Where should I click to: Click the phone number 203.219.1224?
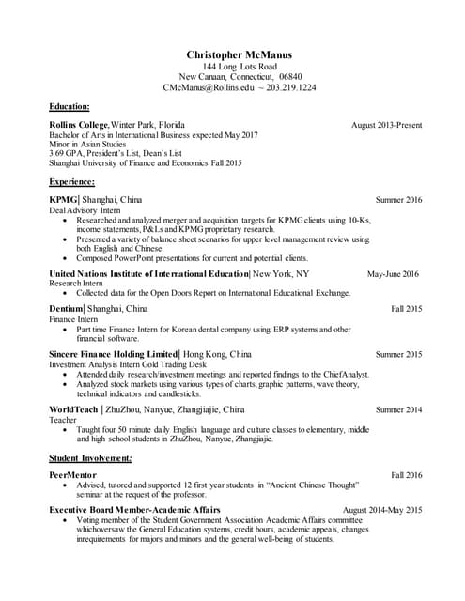(x=289, y=87)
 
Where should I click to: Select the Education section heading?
(x=70, y=106)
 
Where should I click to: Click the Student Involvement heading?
(x=90, y=457)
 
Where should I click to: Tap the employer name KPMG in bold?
(x=64, y=200)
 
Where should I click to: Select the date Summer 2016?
(x=399, y=200)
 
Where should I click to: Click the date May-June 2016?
(x=393, y=274)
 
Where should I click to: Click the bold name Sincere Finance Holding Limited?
(x=113, y=354)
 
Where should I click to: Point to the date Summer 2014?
(x=399, y=409)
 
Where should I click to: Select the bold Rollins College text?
(x=79, y=125)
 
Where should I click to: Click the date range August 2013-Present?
(x=386, y=125)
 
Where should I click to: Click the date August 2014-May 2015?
(x=382, y=510)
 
